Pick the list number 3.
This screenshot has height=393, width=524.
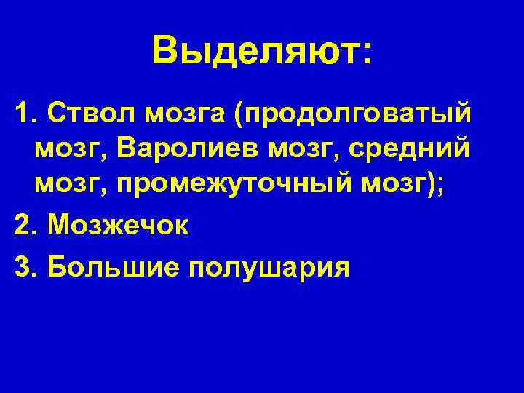click(23, 267)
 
